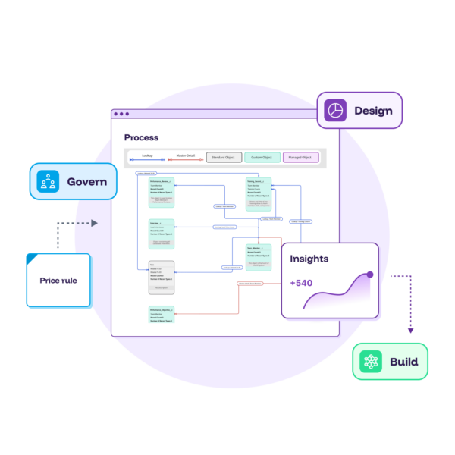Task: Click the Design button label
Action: [x=373, y=111]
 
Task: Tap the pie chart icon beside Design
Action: [x=336, y=111]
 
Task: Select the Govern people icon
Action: [x=49, y=182]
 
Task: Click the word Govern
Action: [x=86, y=182]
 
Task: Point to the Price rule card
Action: [x=58, y=281]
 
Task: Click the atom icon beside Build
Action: [x=371, y=362]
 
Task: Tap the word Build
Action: [x=403, y=362]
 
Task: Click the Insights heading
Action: [x=309, y=259]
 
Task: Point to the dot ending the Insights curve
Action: [x=369, y=274]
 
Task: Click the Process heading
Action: [x=142, y=137]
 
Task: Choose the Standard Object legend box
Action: [x=224, y=158]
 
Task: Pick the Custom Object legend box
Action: [x=262, y=158]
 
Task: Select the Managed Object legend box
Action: [x=301, y=158]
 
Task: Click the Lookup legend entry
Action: [x=147, y=158]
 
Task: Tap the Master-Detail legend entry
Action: [x=185, y=158]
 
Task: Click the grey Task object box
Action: [x=161, y=278]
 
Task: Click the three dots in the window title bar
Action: [x=121, y=115]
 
